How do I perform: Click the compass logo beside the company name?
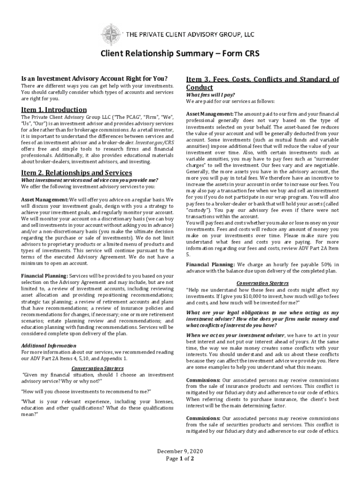(x=111, y=33)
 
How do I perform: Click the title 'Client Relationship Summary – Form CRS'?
(x=180, y=54)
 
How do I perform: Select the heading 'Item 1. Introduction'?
(x=54, y=109)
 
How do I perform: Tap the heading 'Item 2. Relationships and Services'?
(x=77, y=173)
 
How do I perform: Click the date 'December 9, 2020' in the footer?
(x=180, y=451)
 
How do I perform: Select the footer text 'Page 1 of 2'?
(x=180, y=458)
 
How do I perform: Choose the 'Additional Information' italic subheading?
(x=49, y=346)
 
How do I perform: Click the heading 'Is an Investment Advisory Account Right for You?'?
(x=94, y=79)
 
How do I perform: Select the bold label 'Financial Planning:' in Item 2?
(x=44, y=276)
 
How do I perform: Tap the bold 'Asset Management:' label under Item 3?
(x=209, y=114)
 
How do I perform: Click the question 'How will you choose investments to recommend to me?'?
(x=86, y=391)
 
